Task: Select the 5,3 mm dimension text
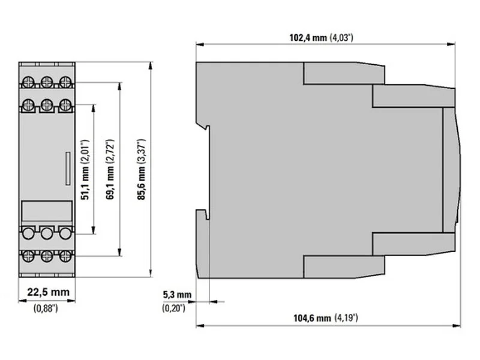click(x=177, y=295)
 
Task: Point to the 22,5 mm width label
click(x=49, y=292)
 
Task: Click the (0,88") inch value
click(x=46, y=308)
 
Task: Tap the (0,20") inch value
click(x=173, y=308)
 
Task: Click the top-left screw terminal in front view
click(x=28, y=82)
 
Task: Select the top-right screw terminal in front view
click(x=65, y=82)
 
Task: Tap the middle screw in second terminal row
click(x=47, y=105)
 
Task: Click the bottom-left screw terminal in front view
click(x=28, y=256)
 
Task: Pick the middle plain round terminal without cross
click(x=47, y=233)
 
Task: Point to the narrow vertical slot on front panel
click(x=68, y=169)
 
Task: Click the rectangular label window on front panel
click(x=47, y=211)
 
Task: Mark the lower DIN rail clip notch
click(x=203, y=214)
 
